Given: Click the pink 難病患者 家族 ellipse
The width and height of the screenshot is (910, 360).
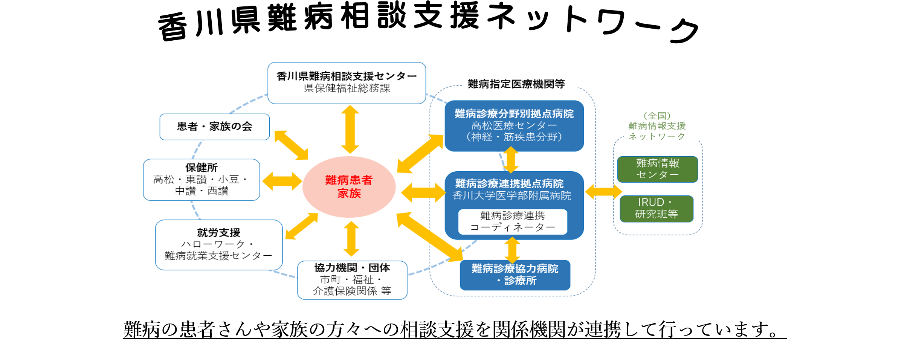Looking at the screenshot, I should point(349,187).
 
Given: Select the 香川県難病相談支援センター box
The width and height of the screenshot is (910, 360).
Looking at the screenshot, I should point(347,83).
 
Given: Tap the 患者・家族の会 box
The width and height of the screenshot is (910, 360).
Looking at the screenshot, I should point(214,127).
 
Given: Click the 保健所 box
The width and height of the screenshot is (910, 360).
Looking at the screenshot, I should point(202,180).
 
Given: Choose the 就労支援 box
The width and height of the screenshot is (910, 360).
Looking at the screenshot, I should point(218,245).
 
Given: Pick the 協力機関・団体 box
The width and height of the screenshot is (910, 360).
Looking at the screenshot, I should point(352,280).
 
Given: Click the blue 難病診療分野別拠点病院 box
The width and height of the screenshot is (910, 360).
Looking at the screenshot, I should point(514,126).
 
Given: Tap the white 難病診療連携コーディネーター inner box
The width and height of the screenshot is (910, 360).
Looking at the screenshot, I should point(513,222).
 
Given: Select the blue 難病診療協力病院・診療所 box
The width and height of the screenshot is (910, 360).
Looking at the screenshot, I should point(515,275).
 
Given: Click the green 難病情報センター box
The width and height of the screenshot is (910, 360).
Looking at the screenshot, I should point(657,169).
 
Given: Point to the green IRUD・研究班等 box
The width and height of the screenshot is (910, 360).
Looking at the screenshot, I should point(657,209).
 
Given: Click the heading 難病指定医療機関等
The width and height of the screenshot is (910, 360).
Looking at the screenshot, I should point(516,84).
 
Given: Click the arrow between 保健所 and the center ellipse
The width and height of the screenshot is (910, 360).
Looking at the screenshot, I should point(282,181).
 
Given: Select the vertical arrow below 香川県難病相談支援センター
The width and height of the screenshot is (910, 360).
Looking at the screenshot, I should point(350,129).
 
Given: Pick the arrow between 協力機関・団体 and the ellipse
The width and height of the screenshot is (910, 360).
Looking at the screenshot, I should point(351,239).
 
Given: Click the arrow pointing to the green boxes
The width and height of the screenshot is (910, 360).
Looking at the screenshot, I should point(603,192).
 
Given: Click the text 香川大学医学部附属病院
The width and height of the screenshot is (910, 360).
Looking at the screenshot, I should point(511,196).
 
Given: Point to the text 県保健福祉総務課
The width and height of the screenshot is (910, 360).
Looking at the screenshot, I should point(347,88).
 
